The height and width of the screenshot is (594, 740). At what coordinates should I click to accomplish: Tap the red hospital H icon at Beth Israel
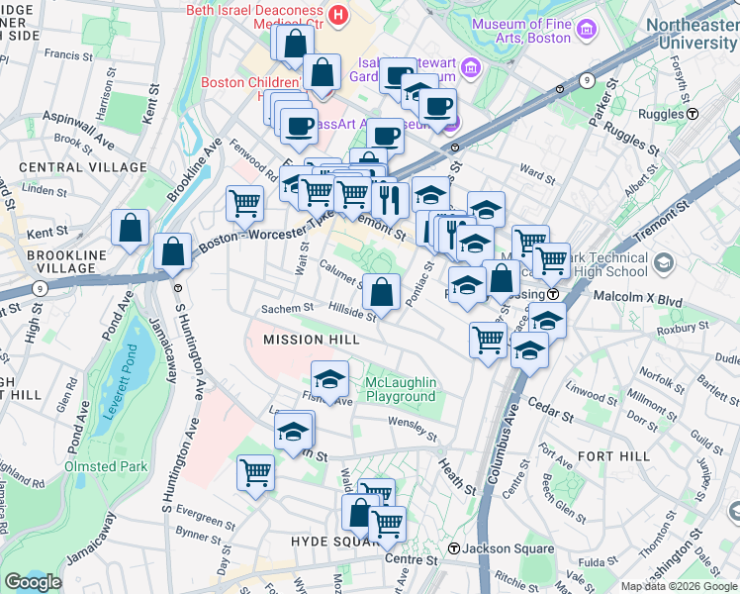coord(339,15)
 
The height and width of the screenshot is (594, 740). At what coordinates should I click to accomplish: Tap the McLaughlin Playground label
coord(387,389)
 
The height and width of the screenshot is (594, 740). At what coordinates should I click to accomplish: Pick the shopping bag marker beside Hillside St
coord(381,293)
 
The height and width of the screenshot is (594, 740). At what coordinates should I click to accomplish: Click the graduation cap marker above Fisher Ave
coord(329,379)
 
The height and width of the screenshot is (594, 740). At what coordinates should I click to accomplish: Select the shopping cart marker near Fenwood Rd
coord(244,204)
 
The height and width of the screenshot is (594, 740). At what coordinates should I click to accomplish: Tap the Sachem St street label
coord(287,309)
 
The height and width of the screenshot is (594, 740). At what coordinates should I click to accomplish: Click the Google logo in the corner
coord(33,582)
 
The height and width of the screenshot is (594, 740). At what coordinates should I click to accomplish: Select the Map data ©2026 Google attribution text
coord(678,586)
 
